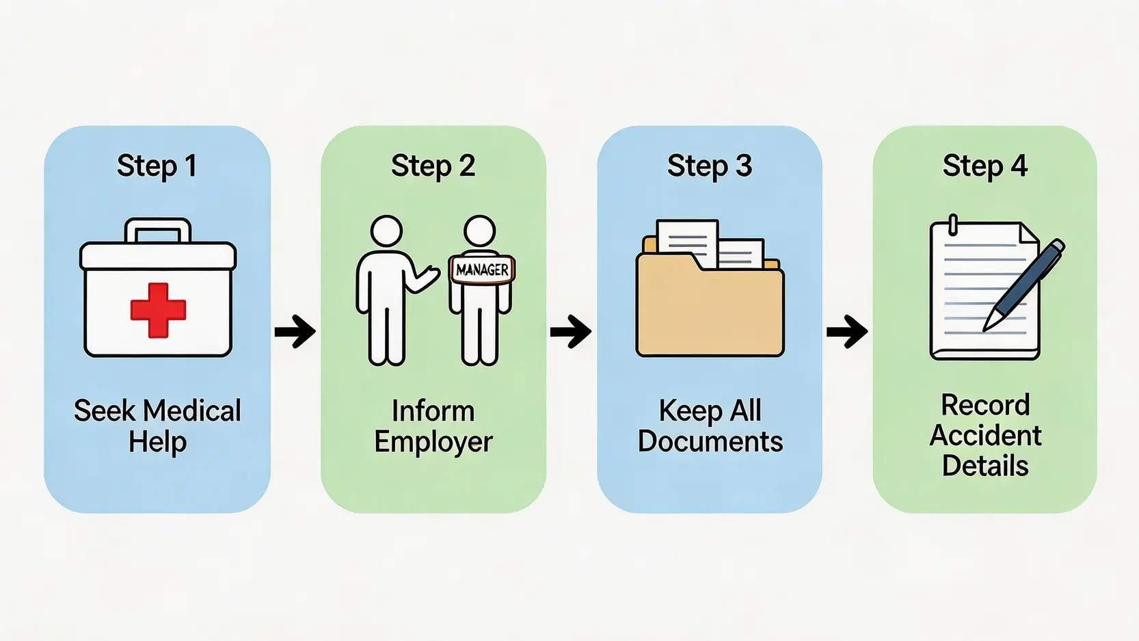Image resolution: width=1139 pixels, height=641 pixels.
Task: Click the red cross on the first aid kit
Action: point(158,311)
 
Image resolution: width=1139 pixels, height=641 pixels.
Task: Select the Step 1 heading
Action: point(157,166)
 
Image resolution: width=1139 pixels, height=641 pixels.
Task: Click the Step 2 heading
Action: point(433,166)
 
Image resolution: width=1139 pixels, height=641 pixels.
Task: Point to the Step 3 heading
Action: point(710,166)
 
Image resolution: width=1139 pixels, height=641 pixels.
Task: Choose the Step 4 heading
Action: point(984,166)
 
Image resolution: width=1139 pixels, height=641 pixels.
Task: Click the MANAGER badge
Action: point(482,270)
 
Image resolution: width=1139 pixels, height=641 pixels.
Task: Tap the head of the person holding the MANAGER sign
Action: point(479,231)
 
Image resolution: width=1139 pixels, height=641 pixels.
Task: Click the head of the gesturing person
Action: point(386,231)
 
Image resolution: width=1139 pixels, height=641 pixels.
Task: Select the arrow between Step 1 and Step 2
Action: point(295,332)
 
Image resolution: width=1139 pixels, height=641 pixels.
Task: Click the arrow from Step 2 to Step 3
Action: point(571,332)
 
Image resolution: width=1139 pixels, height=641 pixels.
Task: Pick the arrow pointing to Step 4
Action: point(847,332)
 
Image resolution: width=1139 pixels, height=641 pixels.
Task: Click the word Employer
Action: point(433,442)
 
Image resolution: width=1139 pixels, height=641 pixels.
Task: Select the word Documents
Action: point(710,442)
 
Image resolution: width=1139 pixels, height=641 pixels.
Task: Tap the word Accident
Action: point(985,436)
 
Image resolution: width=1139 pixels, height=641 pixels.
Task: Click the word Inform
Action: point(433,411)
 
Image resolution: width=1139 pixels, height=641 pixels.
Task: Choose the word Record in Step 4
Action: point(985,405)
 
